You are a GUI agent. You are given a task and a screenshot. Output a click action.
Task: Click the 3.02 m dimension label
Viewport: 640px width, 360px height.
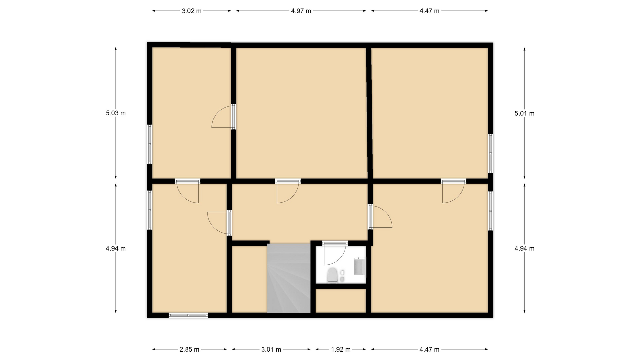point(192,11)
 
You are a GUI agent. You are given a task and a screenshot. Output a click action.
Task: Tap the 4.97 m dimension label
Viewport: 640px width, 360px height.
point(301,11)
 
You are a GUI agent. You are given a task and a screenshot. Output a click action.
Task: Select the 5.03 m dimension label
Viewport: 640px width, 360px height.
point(116,113)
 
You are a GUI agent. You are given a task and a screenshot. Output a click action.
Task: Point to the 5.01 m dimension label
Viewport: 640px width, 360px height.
point(524,113)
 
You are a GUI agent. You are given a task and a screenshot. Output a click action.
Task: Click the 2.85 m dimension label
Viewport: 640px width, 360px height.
point(189,349)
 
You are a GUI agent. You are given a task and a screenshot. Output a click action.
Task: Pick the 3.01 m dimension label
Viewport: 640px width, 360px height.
point(271,349)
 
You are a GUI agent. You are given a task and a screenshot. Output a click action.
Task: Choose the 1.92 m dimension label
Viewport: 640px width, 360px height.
point(341,349)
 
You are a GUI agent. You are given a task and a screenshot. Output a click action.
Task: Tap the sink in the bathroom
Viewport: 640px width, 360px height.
point(360,267)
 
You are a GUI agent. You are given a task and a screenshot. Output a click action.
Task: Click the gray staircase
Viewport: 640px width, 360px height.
point(289,278)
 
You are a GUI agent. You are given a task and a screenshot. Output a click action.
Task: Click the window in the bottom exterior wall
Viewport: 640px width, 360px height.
point(188,315)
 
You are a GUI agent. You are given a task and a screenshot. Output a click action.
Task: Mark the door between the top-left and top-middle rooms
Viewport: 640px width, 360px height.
point(223,116)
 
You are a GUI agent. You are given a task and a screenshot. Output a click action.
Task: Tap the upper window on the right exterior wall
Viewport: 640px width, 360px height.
point(491,153)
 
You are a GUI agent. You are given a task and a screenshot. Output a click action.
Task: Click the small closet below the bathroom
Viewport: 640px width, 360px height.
point(341,301)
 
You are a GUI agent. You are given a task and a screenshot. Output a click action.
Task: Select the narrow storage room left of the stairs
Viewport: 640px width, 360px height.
point(249,279)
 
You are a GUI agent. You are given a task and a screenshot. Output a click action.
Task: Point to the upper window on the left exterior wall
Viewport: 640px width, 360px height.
point(150,144)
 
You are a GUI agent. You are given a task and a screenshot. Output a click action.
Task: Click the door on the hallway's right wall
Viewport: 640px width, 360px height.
point(380,216)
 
